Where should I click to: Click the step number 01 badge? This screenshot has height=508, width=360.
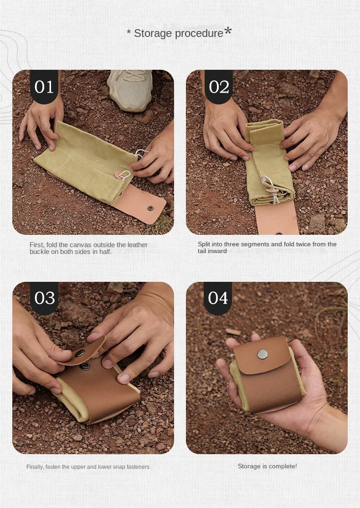[x=44, y=87]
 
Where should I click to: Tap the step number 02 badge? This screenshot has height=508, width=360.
[x=219, y=87]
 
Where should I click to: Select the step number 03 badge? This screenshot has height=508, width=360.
[x=44, y=298]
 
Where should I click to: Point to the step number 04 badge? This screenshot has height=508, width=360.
[x=218, y=298]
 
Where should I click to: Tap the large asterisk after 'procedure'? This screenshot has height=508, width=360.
[x=228, y=31]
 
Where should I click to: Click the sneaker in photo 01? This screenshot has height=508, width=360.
[x=130, y=90]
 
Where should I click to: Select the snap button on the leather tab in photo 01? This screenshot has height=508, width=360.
[x=150, y=208]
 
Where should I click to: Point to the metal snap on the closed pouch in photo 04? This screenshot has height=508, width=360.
[x=262, y=354]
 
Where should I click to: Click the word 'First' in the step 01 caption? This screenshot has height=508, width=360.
[x=36, y=245]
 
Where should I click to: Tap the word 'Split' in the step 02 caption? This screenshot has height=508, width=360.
[x=204, y=244]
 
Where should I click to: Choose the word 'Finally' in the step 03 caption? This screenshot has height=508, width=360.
[x=35, y=467]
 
